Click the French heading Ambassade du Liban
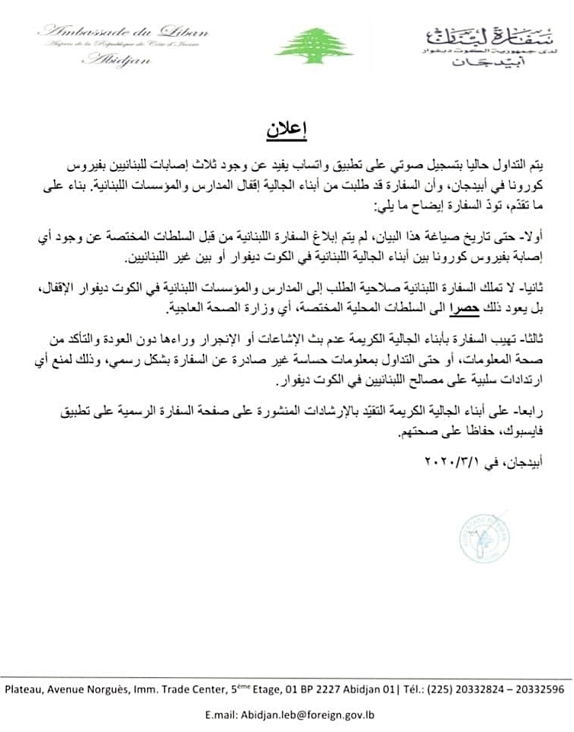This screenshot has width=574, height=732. point(122,32)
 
